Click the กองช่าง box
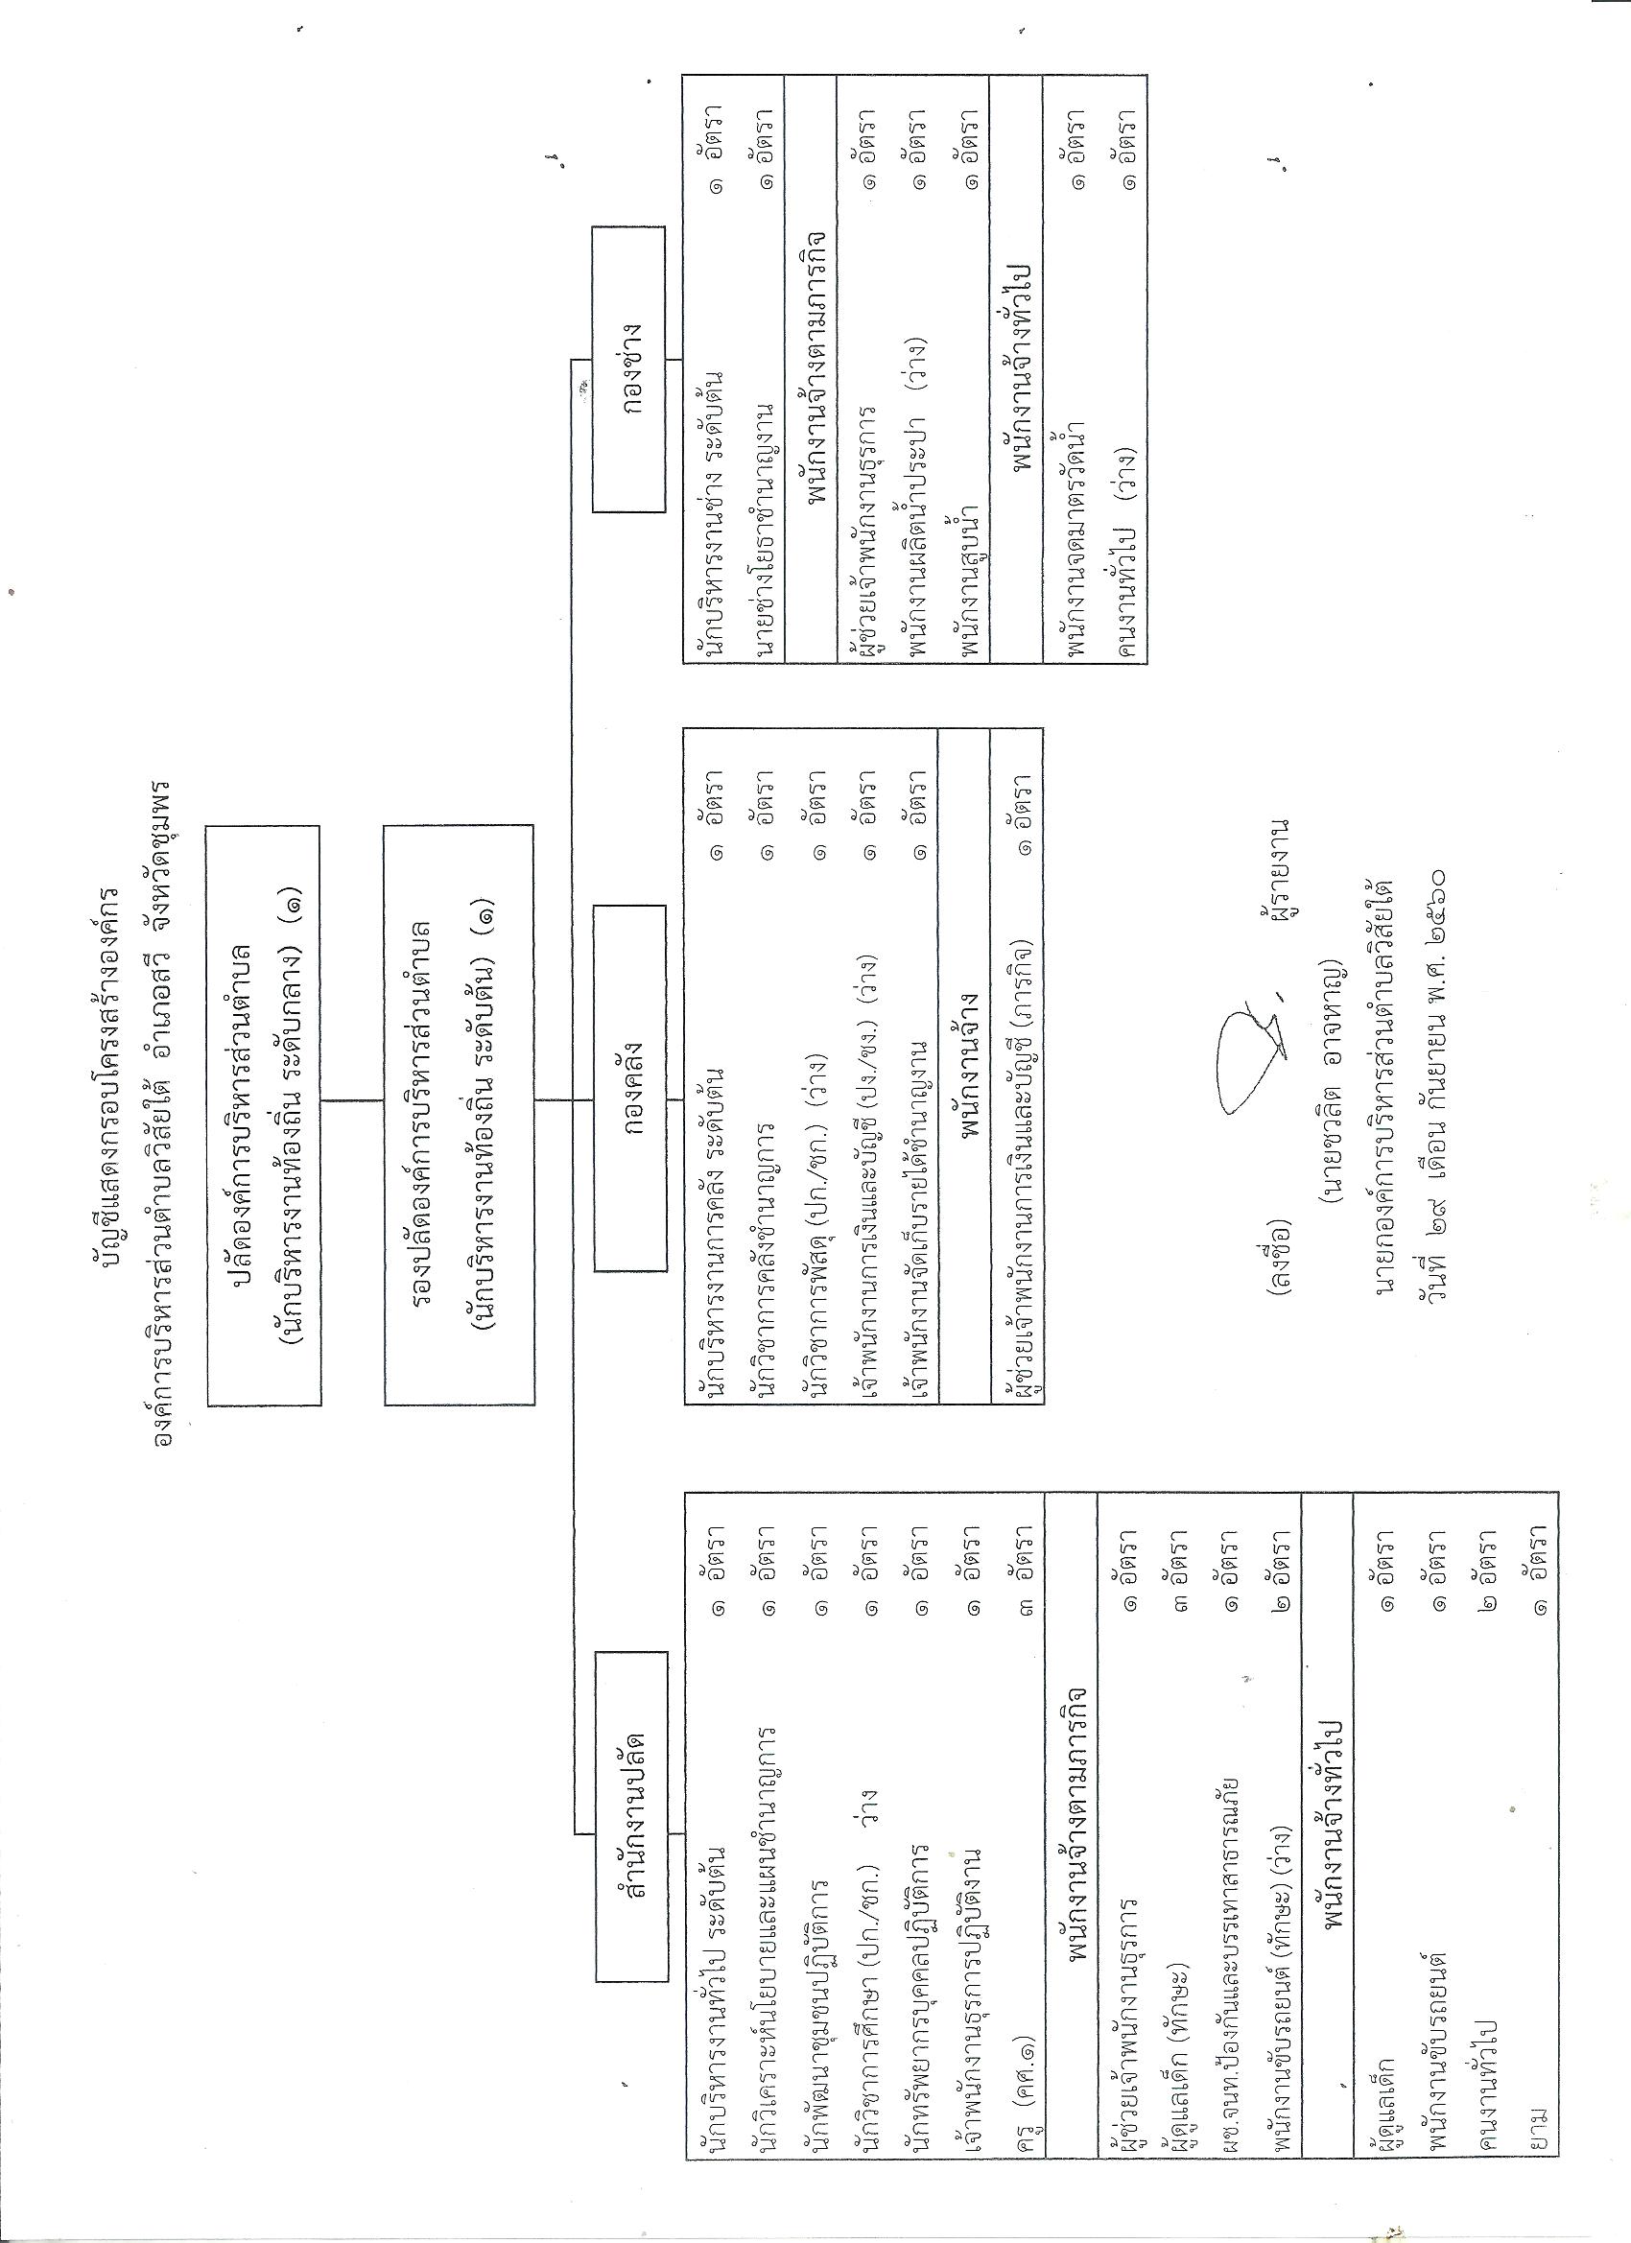click(630, 371)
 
